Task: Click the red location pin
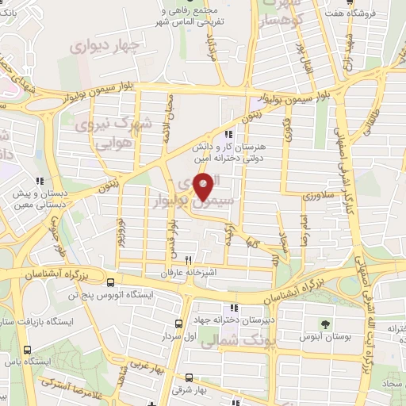click(204, 187)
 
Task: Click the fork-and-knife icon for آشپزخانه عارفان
click(188, 259)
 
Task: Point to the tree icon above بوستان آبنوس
click(324, 323)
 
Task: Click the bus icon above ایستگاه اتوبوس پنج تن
click(110, 282)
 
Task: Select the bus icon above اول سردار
click(179, 323)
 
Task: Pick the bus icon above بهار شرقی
click(189, 377)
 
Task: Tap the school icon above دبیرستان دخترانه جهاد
click(233, 308)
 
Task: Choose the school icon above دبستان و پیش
click(49, 181)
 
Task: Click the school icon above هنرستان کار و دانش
click(228, 135)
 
